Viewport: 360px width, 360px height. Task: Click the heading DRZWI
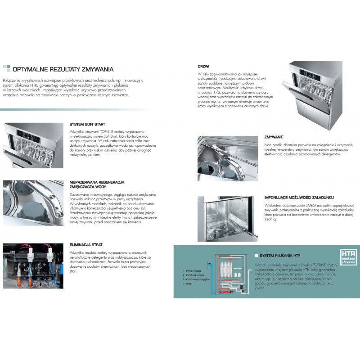click(x=203, y=66)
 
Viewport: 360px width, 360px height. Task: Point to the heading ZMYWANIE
click(x=274, y=137)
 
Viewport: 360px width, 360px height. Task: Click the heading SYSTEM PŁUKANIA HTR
click(x=281, y=255)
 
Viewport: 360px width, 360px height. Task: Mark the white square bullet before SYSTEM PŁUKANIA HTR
click(x=256, y=255)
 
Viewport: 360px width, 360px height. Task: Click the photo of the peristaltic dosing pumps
click(x=33, y=265)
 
